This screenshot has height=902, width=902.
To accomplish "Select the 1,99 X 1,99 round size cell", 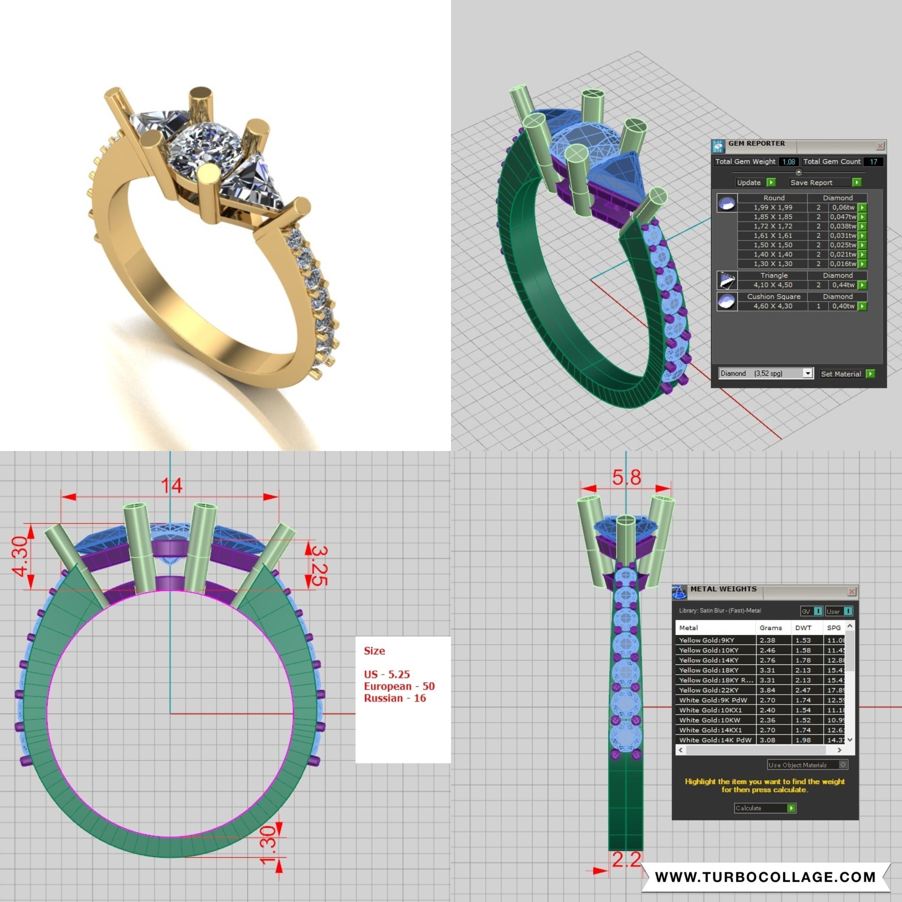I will click(x=773, y=207).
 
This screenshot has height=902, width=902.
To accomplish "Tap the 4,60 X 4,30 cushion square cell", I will click(x=773, y=306).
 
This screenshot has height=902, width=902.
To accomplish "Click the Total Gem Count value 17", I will click(x=873, y=162).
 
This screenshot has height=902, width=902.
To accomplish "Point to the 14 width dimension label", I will click(x=171, y=486).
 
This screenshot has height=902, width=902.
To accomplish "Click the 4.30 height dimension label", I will click(x=20, y=557).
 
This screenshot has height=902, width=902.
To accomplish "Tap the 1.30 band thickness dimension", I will click(x=268, y=846).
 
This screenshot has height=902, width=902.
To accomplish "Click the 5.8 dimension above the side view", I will click(x=627, y=478).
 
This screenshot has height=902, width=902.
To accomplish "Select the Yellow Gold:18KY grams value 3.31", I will click(x=767, y=670).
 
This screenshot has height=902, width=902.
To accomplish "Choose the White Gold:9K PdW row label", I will click(x=713, y=700).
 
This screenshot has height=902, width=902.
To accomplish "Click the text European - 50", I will click(x=399, y=686).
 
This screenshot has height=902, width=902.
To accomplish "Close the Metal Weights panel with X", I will click(x=852, y=592).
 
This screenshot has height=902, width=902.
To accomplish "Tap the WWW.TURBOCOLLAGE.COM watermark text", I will click(x=765, y=877).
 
